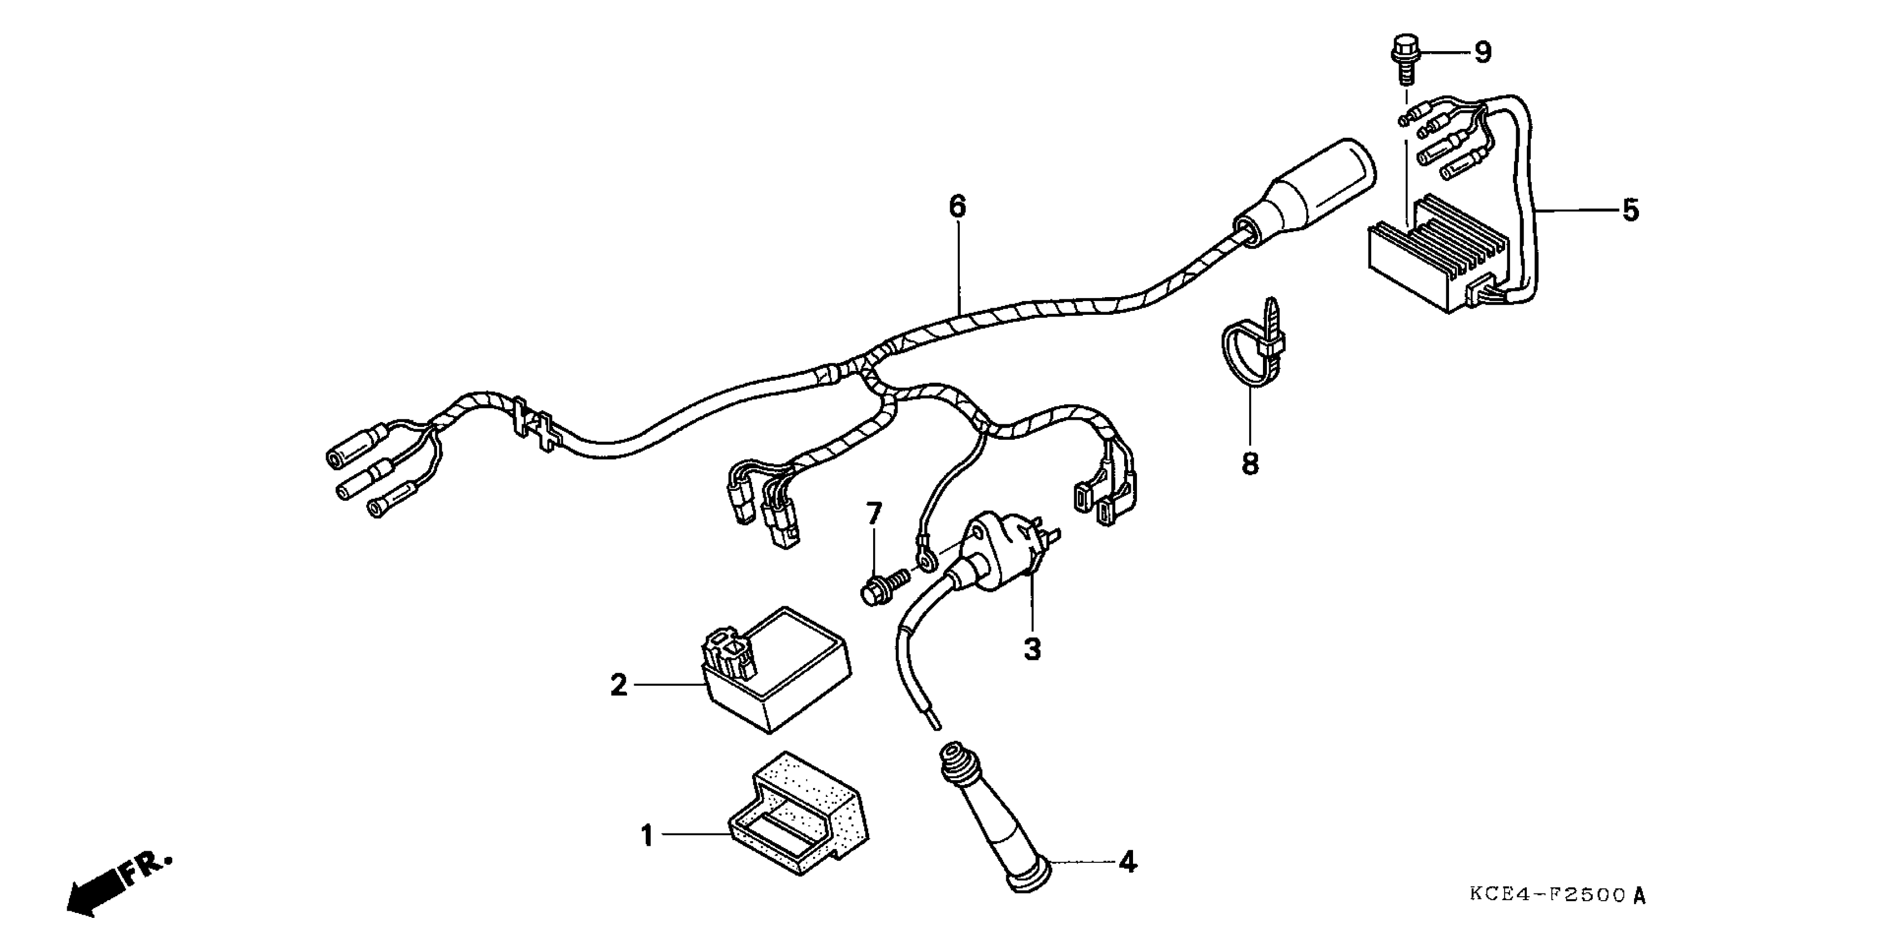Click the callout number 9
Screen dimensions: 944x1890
1483,52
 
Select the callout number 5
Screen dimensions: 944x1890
1630,210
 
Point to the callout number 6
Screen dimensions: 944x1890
957,207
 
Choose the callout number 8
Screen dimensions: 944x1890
1250,464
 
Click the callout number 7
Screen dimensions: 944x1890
873,514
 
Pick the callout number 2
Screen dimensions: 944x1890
619,686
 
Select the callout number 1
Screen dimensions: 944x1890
646,836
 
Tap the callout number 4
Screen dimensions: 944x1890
1127,862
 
